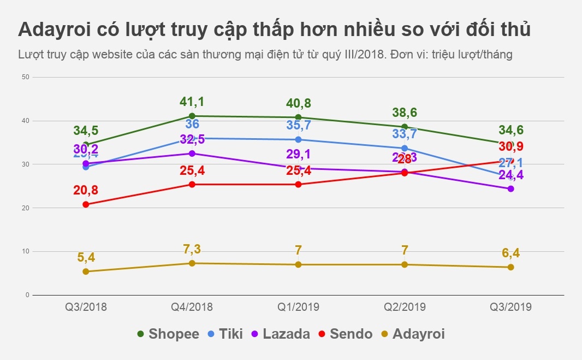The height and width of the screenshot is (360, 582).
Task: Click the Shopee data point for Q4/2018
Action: pos(192,116)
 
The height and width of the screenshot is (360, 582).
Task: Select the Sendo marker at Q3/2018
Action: pos(86,204)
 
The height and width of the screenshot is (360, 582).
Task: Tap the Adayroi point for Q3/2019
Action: pos(510,267)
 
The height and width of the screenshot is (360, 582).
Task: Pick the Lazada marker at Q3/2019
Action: pos(510,188)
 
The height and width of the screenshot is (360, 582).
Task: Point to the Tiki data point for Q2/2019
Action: pos(405,148)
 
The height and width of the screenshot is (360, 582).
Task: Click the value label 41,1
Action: pos(192,102)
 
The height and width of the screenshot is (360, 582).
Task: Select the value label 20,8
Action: pos(86,191)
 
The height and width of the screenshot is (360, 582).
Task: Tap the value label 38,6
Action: pos(405,113)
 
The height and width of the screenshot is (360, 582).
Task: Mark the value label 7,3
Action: pos(192,250)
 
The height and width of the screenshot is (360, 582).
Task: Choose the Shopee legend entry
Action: pos(168,334)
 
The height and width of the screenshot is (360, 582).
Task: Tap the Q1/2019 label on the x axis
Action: pos(298,307)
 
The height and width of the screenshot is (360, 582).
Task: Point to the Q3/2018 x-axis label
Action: pos(86,307)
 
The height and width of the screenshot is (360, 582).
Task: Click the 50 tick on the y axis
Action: pos(25,77)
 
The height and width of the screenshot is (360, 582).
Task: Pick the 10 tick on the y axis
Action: pos(25,251)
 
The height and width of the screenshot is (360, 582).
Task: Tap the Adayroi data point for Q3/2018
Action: pos(86,272)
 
